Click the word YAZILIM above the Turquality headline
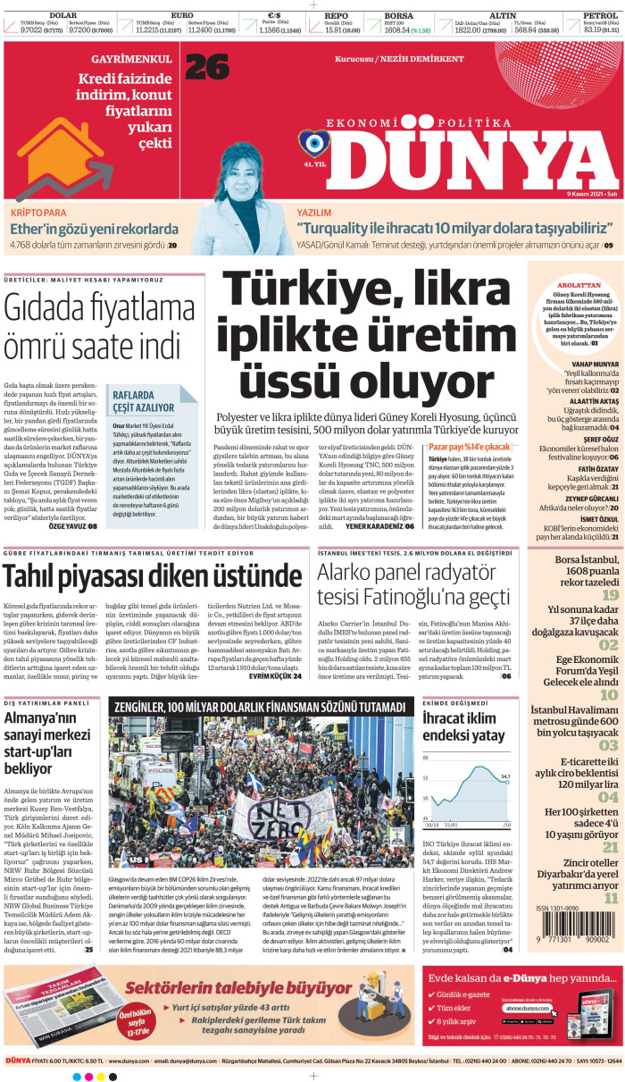click(314, 213)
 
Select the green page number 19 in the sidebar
click(610, 595)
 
